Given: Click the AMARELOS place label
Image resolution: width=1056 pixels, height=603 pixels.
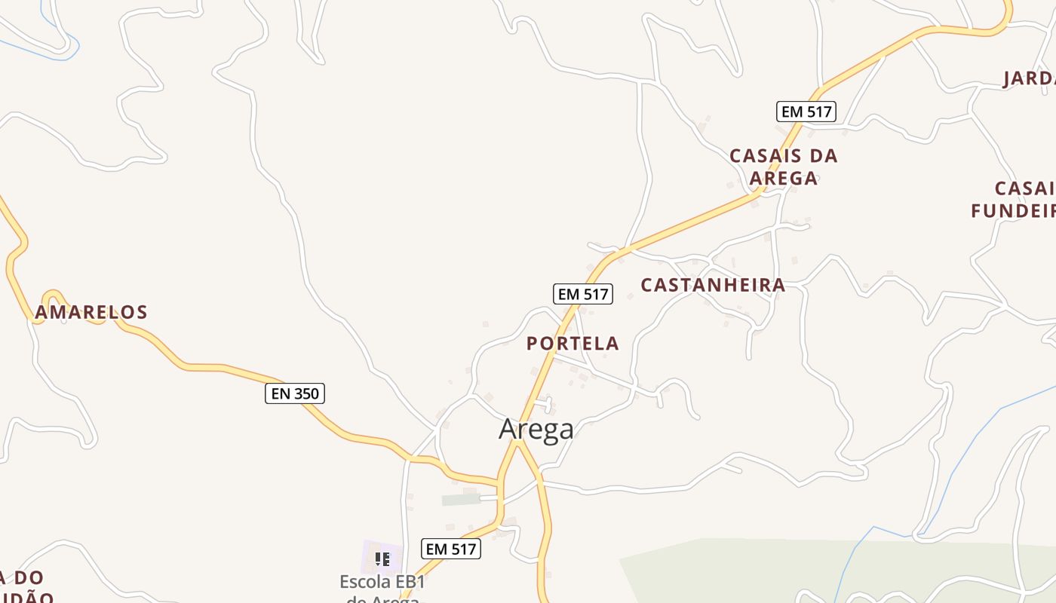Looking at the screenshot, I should [91, 312].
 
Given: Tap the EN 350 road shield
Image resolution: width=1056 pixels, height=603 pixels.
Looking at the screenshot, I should [295, 393].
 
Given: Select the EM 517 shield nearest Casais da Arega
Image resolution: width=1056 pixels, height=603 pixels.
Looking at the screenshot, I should [806, 112].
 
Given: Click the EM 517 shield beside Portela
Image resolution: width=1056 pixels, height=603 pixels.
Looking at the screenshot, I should [583, 294].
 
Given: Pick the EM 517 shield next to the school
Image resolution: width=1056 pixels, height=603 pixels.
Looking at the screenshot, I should [451, 549].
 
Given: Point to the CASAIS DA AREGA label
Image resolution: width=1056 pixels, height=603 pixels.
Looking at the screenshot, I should [784, 167].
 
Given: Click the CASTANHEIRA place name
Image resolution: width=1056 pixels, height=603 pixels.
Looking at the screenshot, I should [713, 285].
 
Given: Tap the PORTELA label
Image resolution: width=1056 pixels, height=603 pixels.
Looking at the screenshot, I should [573, 344].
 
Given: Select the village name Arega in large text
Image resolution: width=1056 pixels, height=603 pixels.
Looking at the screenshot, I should [536, 429].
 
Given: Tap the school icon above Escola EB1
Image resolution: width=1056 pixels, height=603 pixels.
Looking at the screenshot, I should [382, 559].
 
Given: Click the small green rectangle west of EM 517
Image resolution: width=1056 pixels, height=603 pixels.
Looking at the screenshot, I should [461, 499].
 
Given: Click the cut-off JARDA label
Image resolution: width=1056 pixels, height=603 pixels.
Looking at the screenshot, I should [1029, 79].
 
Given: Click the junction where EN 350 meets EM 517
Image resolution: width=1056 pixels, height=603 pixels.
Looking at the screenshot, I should [499, 482].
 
